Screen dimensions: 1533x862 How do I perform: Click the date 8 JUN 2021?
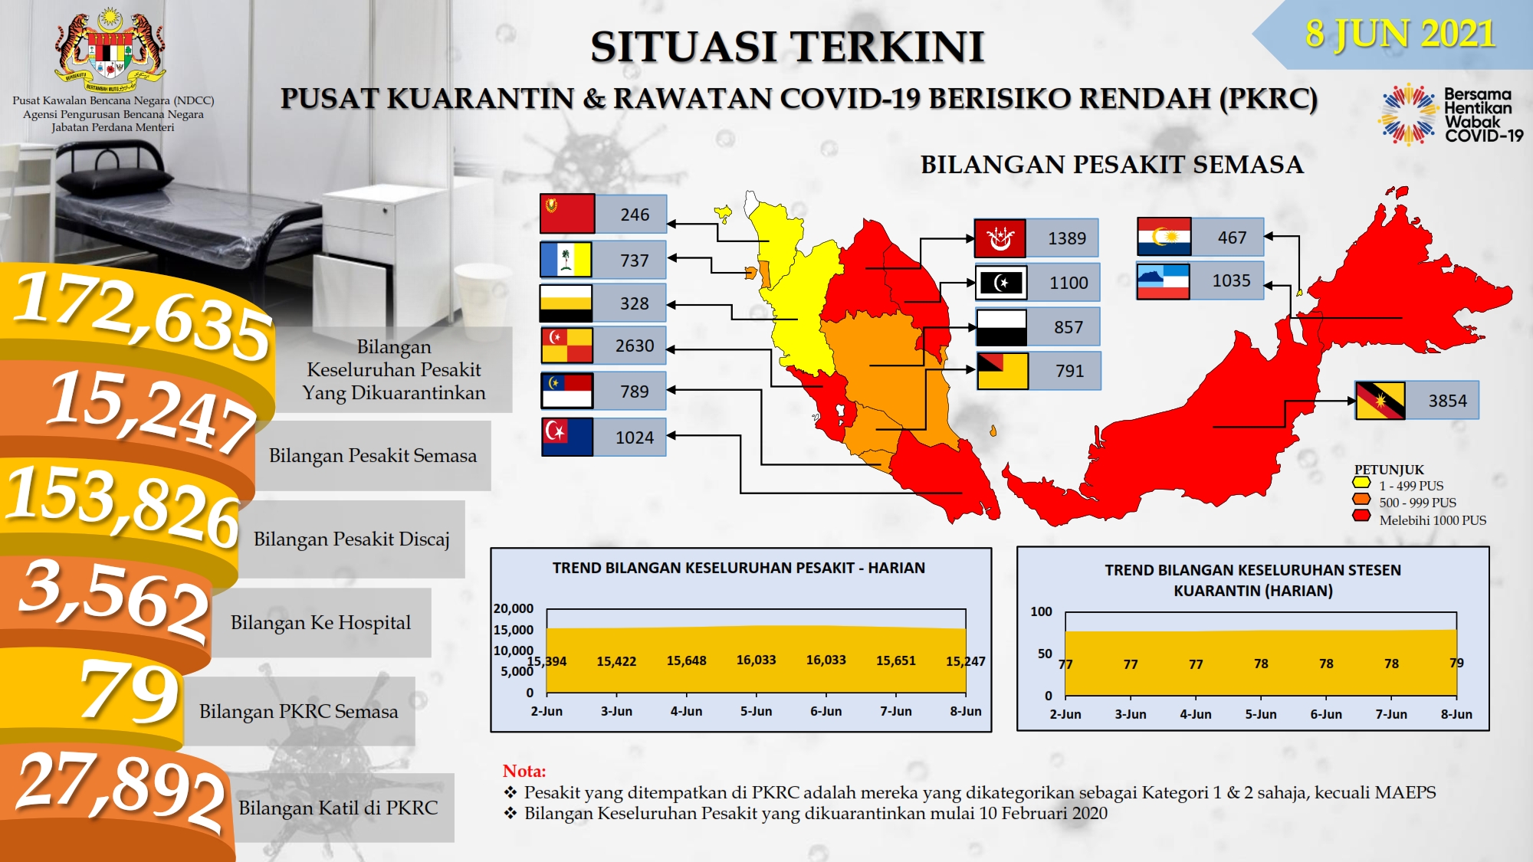(1400, 34)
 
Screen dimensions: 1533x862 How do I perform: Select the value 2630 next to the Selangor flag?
(635, 346)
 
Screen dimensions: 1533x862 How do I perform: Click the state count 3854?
(1447, 401)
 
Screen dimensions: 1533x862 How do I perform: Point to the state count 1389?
(1067, 238)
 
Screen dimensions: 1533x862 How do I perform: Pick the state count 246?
(635, 215)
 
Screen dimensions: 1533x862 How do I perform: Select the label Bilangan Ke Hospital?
(320, 622)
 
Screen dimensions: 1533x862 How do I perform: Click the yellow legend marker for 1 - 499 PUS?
(1361, 483)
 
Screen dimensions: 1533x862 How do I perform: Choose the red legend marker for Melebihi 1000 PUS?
(1361, 516)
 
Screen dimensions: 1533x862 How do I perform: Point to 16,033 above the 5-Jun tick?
(756, 660)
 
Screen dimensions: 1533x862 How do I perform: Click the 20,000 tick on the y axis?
(514, 608)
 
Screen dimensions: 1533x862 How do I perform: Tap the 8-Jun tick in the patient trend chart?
(966, 711)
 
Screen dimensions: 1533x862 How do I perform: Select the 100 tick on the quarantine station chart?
(1041, 611)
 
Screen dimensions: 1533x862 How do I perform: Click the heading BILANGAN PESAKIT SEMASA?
(1111, 165)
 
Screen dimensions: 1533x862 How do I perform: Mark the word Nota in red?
(524, 771)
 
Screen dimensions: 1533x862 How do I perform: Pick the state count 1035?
(1231, 281)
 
